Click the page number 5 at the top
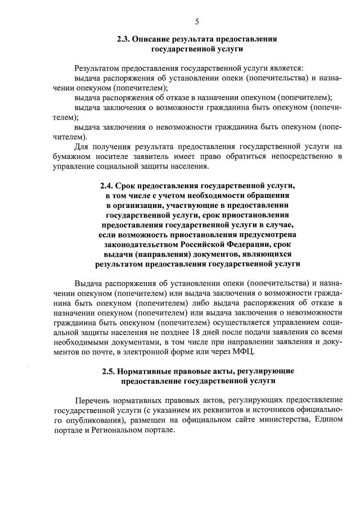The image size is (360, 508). (197, 22)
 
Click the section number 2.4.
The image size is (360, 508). (107, 185)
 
